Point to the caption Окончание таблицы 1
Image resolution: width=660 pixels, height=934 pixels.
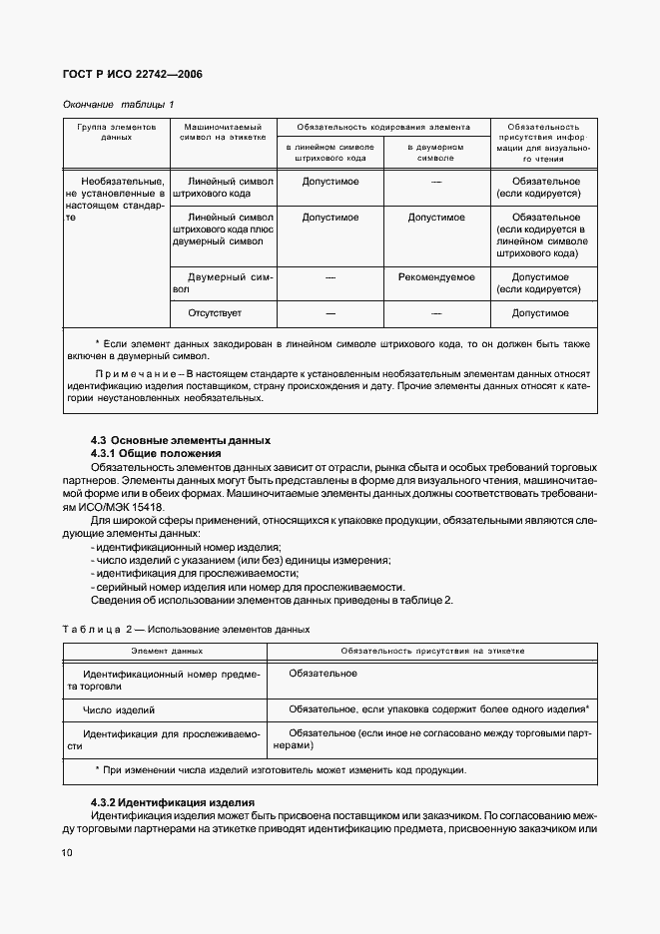[118, 105]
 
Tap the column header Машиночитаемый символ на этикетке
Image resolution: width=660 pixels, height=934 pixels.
[223, 133]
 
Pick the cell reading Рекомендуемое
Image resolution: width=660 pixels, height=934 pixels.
[436, 278]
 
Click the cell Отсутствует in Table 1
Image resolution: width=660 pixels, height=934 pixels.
[215, 313]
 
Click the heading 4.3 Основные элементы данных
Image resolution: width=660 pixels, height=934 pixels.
[180, 440]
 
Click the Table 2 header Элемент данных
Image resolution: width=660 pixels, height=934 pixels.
[167, 651]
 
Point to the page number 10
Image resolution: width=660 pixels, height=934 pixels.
[66, 852]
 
